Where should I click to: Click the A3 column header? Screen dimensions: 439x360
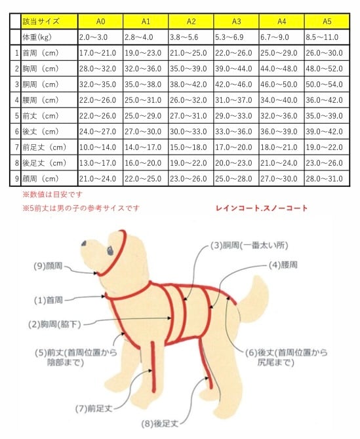(236, 22)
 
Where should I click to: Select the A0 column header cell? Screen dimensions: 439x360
(100, 22)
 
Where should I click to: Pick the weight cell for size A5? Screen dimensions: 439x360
(327, 37)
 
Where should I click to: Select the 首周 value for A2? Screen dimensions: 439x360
(191, 52)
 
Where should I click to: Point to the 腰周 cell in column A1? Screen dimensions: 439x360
(146, 100)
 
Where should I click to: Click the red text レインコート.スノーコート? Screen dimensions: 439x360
(262, 208)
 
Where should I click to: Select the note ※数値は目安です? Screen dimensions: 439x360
(52, 195)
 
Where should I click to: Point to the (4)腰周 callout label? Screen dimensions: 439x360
(283, 265)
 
